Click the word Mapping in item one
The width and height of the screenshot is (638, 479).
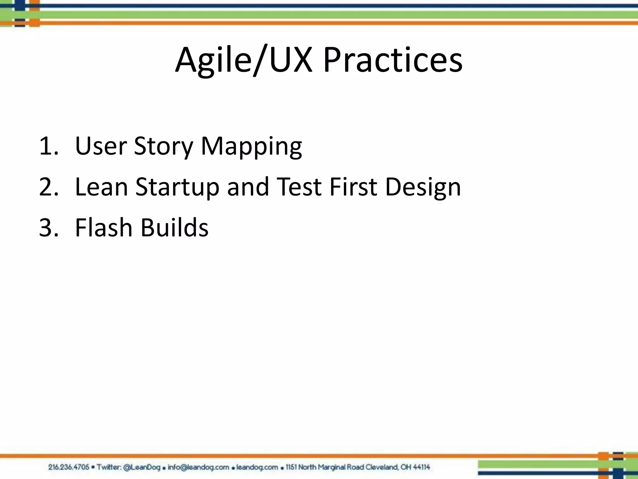tap(251, 147)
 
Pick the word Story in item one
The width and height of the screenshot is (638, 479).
tap(164, 147)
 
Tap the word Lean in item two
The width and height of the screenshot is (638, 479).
tap(101, 187)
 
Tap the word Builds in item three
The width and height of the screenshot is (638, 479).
tap(174, 228)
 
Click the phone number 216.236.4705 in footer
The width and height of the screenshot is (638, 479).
tap(69, 467)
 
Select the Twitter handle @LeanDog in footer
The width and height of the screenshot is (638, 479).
tap(142, 467)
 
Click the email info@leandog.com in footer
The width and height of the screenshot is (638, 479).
tap(198, 467)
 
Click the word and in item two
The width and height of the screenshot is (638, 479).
tap(248, 187)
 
